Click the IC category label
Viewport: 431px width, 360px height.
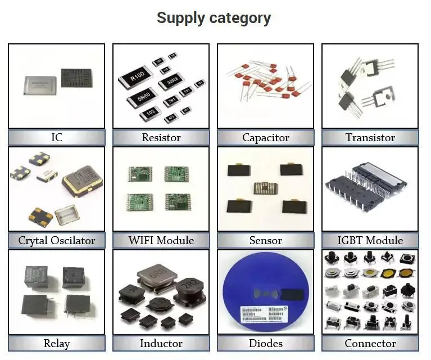[56, 137]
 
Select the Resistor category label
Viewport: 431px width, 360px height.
[161, 137]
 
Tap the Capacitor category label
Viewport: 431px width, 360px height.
[265, 137]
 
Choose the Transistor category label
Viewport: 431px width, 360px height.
[370, 137]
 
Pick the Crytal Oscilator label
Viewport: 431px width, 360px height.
[56, 240]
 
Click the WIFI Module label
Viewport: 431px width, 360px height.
[161, 240]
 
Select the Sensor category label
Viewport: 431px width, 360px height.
[265, 240]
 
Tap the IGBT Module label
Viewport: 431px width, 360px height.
[370, 240]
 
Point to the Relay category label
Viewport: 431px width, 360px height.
[56, 343]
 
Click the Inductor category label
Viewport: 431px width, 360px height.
[161, 343]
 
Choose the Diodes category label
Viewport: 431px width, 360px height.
[265, 343]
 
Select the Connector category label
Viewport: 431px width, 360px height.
[370, 343]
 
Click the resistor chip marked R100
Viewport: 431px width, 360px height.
[137, 76]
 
